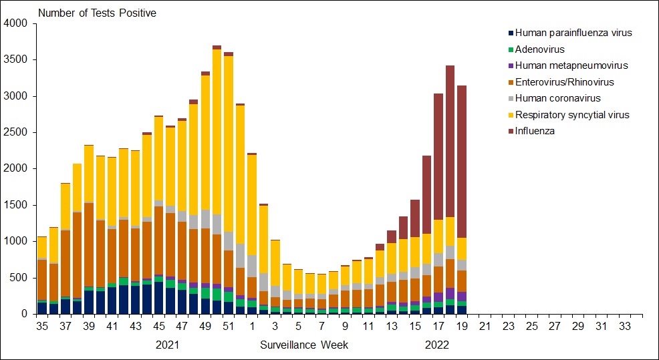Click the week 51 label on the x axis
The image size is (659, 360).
(x=229, y=326)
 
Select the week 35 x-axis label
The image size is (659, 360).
(x=42, y=326)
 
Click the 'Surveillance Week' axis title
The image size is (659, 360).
(x=304, y=345)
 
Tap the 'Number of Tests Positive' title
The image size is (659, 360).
(x=97, y=13)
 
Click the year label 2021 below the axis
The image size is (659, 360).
(x=166, y=345)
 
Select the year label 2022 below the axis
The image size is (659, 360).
(x=438, y=345)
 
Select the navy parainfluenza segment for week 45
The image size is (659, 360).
(x=158, y=298)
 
